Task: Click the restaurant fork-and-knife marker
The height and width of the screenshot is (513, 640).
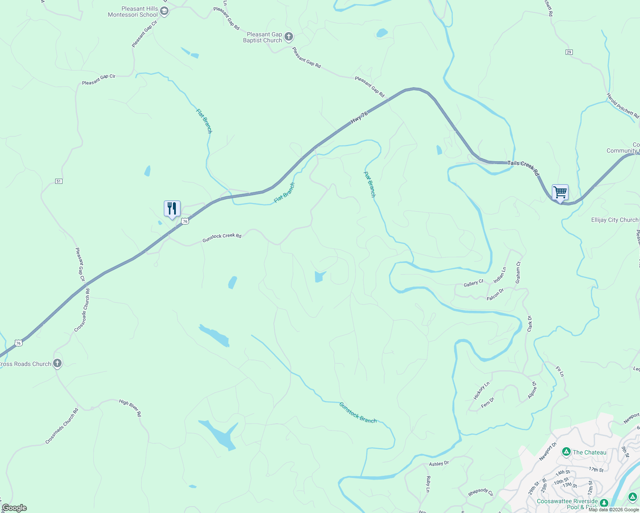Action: click(172, 209)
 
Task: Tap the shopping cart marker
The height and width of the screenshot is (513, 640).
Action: click(560, 192)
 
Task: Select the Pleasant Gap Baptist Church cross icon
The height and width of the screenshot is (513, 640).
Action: click(289, 37)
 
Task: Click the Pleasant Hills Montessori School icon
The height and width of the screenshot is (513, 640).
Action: click(164, 11)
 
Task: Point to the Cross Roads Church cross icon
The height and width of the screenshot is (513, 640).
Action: click(57, 364)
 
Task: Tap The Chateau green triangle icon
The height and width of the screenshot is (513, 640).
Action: click(566, 452)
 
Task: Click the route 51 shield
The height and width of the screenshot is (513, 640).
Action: click(59, 181)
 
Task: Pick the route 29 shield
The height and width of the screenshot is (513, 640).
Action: click(569, 52)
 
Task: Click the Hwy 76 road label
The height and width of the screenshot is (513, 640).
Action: click(359, 118)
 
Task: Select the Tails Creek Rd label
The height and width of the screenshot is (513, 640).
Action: click(523, 168)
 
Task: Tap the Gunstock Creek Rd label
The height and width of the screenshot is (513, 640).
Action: click(222, 238)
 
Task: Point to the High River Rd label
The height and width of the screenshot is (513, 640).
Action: click(130, 408)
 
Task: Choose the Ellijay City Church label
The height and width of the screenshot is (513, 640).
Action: click(614, 220)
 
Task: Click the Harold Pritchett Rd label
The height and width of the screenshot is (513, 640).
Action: click(622, 106)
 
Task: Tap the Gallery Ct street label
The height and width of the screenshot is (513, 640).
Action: click(473, 283)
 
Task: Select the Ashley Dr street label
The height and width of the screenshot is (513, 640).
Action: click(439, 463)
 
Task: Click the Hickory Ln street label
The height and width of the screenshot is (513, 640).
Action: click(481, 391)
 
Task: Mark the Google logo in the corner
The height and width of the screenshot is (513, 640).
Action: click(14, 508)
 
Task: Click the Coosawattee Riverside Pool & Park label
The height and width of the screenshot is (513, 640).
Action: click(567, 504)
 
